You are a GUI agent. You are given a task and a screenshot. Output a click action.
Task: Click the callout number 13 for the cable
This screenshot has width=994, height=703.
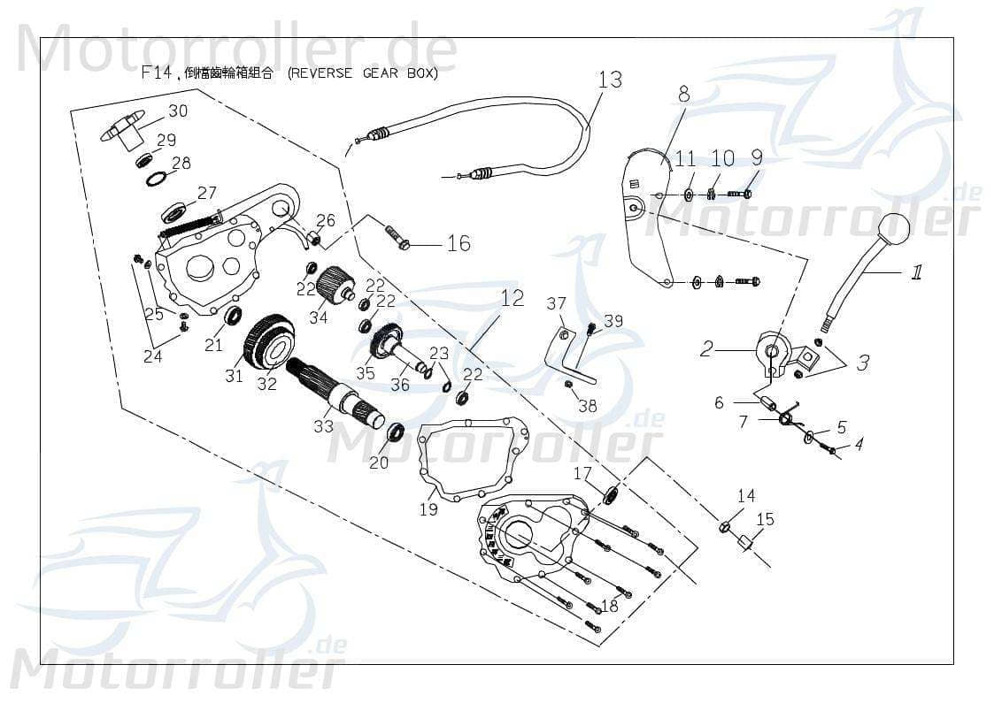(x=610, y=80)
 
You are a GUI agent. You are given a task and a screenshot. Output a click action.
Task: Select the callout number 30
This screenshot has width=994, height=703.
(x=178, y=111)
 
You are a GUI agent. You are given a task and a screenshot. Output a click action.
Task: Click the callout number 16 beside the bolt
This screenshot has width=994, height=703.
(x=458, y=242)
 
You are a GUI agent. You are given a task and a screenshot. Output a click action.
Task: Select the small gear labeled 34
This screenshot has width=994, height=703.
(x=335, y=285)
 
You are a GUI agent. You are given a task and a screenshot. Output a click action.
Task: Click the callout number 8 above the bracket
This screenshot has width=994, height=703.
(x=683, y=92)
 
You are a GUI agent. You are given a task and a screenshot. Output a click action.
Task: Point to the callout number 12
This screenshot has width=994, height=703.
(x=512, y=299)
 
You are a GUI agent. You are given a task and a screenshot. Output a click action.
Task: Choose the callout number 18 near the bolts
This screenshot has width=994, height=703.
(x=609, y=606)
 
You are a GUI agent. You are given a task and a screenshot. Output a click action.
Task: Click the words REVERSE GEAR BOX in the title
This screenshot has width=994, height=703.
(x=363, y=74)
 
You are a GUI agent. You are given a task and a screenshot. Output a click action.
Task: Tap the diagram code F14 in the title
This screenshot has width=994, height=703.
(x=156, y=73)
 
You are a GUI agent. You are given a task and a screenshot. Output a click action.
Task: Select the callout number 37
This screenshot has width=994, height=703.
(x=556, y=304)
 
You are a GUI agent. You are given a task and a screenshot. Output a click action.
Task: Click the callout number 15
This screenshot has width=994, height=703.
(x=765, y=519)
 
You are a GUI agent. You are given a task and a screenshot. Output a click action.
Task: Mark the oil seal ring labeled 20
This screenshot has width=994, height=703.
(x=395, y=432)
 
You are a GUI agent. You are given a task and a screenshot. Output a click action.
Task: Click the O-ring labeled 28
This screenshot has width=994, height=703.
(x=156, y=179)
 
